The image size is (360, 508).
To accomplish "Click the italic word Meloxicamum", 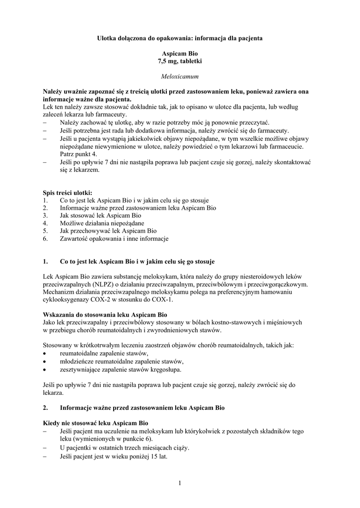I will tap(180, 77).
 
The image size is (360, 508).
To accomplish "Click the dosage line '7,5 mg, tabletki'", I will tap(180, 61).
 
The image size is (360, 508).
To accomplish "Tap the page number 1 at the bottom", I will tap(180, 484).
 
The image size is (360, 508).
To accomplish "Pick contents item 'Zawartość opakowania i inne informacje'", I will tap(114, 239).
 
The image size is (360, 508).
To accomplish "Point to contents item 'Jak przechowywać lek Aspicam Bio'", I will tap(108, 231).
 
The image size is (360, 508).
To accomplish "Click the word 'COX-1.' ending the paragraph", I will tap(164, 300).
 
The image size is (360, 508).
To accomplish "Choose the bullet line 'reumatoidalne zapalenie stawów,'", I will tap(104, 354).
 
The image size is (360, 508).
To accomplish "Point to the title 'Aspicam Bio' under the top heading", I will tap(180, 53).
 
